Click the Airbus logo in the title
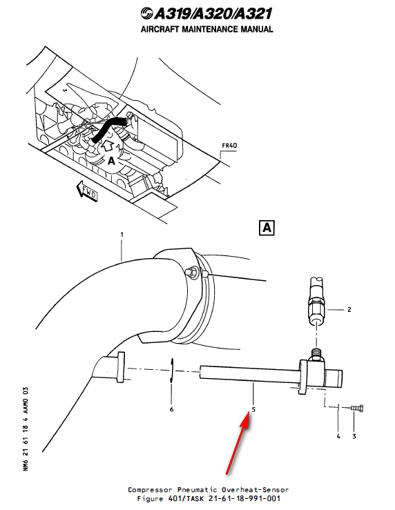point(146,13)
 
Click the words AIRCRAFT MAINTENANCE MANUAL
point(206,30)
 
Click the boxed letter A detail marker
point(267,228)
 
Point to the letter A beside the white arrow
point(92,159)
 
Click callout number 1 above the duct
point(122,235)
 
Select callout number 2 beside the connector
point(349,310)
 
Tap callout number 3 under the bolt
point(355,436)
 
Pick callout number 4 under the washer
point(338,436)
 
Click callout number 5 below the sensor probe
point(253,409)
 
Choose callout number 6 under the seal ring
point(171,409)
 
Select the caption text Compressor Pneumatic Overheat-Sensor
point(204,489)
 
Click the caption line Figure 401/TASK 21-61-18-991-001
point(204,498)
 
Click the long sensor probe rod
point(249,372)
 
